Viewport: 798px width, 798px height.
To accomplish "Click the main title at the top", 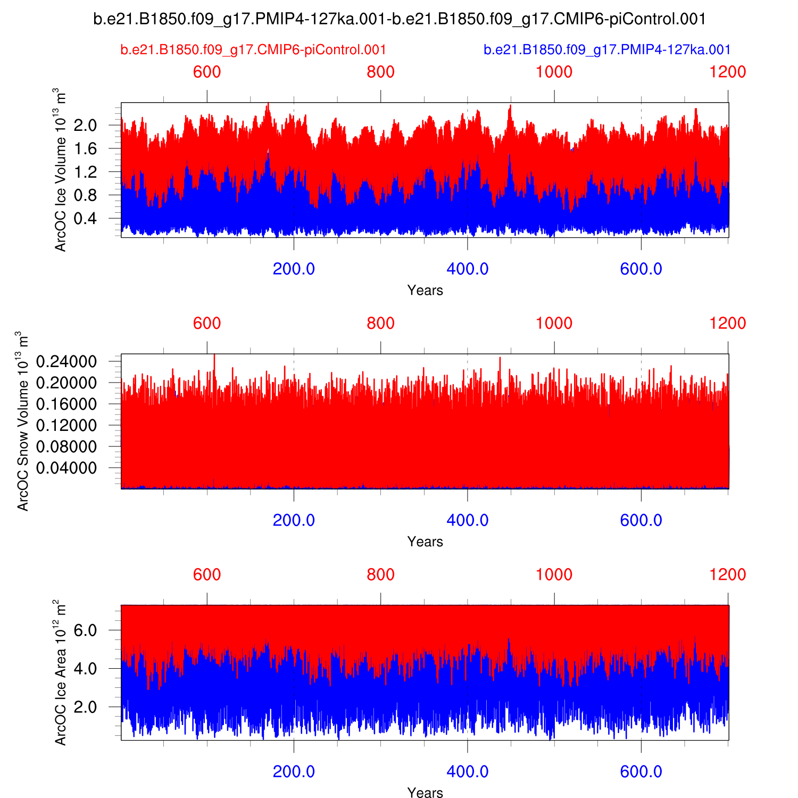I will point(399,19).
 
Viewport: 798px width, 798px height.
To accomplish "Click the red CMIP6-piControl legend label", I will point(253,50).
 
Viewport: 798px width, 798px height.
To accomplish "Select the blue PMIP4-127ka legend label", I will point(607,50).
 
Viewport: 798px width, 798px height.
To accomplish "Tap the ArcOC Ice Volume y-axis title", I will point(61,170).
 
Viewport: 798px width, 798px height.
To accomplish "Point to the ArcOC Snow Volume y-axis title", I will point(23,421).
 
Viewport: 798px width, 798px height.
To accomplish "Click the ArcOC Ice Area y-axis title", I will point(61,672).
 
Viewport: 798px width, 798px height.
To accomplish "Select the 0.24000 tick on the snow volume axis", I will point(66,362).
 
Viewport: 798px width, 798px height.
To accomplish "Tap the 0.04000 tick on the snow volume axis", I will point(66,468).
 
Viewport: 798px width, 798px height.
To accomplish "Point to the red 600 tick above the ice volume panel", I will point(207,72).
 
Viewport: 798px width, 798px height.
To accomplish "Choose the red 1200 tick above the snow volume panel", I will point(728,323).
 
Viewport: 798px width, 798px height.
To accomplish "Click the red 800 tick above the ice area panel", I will point(381,575).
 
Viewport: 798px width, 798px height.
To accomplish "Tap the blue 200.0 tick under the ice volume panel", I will point(294,269).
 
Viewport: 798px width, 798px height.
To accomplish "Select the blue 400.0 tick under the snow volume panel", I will point(467,520).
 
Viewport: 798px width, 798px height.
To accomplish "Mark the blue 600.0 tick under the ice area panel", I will point(641,772).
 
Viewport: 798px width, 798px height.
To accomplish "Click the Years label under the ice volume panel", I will point(425,290).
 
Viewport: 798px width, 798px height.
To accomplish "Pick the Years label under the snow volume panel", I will point(425,542).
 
